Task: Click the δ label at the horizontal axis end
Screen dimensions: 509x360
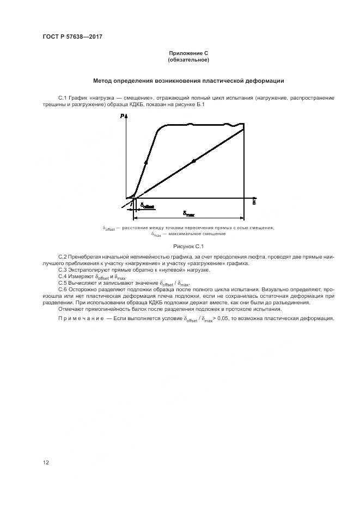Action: [254, 203]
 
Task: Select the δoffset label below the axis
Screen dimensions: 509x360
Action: [147, 206]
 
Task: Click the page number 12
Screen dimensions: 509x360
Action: [46, 462]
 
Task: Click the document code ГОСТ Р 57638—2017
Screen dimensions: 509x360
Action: [72, 37]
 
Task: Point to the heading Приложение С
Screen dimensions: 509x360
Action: [188, 53]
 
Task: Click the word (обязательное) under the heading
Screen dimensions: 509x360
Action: [188, 59]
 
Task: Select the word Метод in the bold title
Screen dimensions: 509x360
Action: [103, 81]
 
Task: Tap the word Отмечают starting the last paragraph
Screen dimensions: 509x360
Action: [72, 309]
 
